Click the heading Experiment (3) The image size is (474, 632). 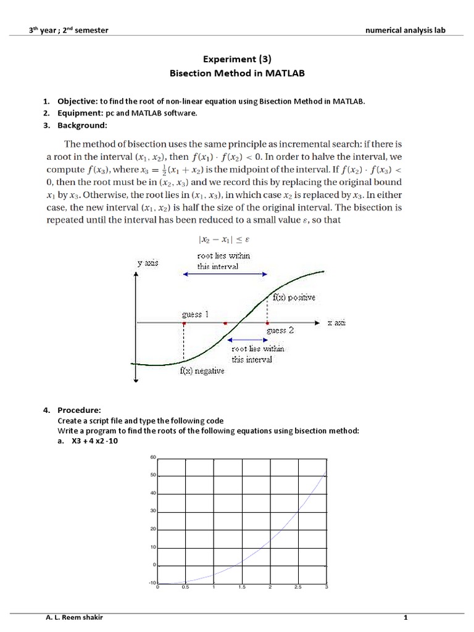click(237, 59)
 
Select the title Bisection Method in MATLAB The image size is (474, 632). click(237, 73)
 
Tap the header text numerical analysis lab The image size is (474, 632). click(405, 30)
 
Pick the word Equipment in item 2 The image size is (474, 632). click(78, 114)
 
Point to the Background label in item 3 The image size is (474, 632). click(82, 125)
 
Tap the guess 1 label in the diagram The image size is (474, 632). click(195, 314)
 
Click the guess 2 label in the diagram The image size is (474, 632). click(280, 331)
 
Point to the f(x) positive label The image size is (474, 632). click(294, 297)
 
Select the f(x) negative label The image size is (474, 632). click(202, 372)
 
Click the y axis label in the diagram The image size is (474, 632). click(147, 264)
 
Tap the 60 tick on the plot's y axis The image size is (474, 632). click(154, 457)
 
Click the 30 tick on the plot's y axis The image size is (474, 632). click(154, 511)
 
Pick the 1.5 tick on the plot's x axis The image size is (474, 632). click(241, 588)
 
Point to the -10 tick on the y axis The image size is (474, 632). click(153, 583)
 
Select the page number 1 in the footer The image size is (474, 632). click(405, 617)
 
